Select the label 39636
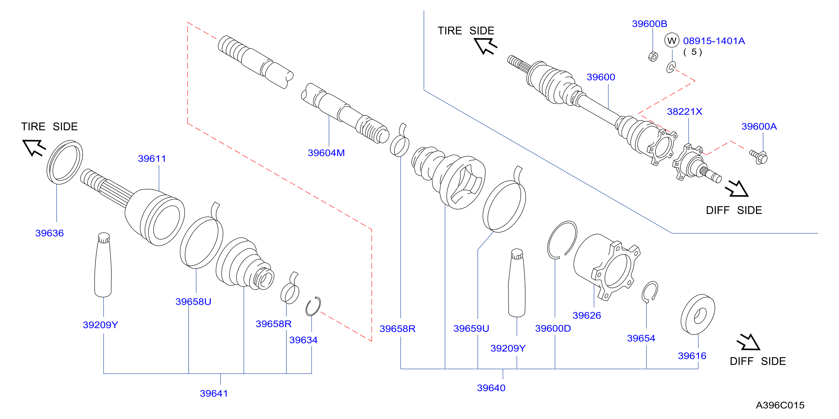pos(49,233)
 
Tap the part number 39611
pos(152,159)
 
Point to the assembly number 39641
pos(214,393)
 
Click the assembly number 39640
pos(491,388)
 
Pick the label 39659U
pos(471,328)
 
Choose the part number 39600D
pos(553,328)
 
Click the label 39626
pos(587,315)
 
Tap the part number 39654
pos(641,338)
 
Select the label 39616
pos(692,356)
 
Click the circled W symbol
pos(672,41)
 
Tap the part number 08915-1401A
pos(714,41)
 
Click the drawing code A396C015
pos(780,405)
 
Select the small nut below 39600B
pos(653,57)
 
